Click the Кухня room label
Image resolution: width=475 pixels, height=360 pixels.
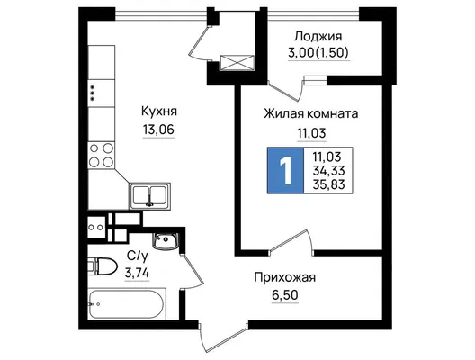pyautogui.click(x=159, y=112)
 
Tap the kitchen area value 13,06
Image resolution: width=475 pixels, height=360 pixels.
pyautogui.click(x=158, y=130)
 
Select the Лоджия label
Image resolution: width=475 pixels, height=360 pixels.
pyautogui.click(x=318, y=37)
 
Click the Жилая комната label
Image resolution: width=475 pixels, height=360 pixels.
pyautogui.click(x=311, y=114)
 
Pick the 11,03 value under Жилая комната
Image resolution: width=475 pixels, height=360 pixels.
pyautogui.click(x=311, y=133)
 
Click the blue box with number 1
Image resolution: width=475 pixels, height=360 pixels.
pyautogui.click(x=285, y=170)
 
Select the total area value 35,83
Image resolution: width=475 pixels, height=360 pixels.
pyautogui.click(x=328, y=184)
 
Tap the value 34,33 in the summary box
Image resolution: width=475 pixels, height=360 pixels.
pyautogui.click(x=328, y=171)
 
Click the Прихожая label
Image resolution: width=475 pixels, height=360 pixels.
pyautogui.click(x=285, y=277)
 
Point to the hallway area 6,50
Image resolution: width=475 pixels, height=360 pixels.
pyautogui.click(x=285, y=295)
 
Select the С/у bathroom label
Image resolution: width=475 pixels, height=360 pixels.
pyautogui.click(x=138, y=256)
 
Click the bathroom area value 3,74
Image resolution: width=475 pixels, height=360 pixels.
pyautogui.click(x=138, y=274)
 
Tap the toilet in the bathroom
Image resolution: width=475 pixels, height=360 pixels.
pyautogui.click(x=103, y=266)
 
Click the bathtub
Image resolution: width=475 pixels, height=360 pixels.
pyautogui.click(x=127, y=304)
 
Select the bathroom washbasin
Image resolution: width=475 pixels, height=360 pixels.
pyautogui.click(x=166, y=240)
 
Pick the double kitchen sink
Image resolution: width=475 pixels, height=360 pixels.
pyautogui.click(x=150, y=196)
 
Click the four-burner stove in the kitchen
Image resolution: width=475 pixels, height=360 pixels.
pyautogui.click(x=102, y=156)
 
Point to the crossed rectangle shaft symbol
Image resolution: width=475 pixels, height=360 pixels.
pyautogui.click(x=237, y=63)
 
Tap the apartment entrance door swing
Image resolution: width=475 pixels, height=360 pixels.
pyautogui.click(x=224, y=337)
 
